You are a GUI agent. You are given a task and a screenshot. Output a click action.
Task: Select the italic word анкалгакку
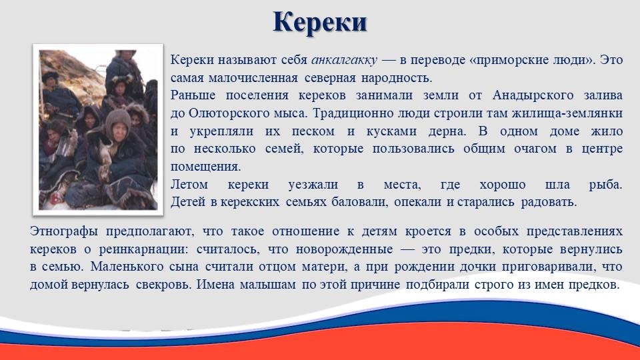[x=344, y=60]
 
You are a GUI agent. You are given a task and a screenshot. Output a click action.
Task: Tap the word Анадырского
[x=533, y=95]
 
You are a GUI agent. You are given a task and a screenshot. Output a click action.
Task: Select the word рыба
[x=605, y=185]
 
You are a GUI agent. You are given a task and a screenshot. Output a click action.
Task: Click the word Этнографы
[x=64, y=232]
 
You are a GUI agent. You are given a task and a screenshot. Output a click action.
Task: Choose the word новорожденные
[x=345, y=249]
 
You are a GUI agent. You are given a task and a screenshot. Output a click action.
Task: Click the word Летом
[x=189, y=185]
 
